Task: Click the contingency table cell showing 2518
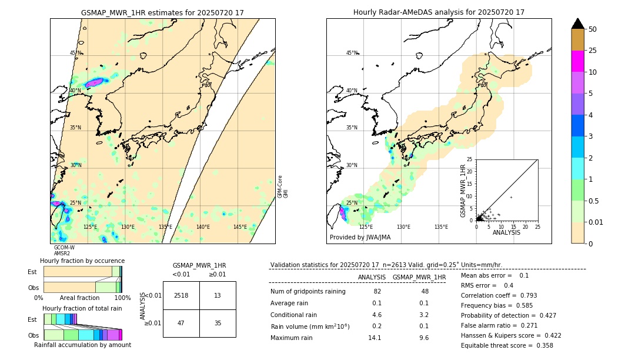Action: click(181, 295)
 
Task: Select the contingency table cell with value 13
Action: click(218, 295)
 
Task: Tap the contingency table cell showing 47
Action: click(181, 323)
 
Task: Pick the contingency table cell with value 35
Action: click(218, 323)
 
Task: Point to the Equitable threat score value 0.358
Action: click(543, 345)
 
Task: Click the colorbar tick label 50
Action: click(593, 29)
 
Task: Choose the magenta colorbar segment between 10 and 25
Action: click(577, 61)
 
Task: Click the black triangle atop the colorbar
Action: click(577, 24)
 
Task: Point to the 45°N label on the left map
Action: click(75, 53)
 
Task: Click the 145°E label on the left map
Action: click(240, 227)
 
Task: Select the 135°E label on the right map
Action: click(441, 227)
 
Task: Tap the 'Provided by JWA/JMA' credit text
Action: click(360, 237)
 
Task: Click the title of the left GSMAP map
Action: click(162, 12)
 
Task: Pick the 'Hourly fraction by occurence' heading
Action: click(82, 261)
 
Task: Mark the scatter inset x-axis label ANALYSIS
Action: click(506, 232)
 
